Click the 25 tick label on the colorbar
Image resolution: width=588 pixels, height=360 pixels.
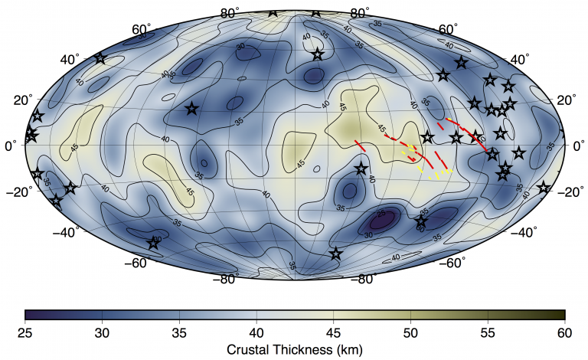(x=25, y=331)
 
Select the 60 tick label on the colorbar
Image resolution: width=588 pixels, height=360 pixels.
(x=564, y=331)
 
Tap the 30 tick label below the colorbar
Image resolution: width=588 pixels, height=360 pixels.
(x=102, y=331)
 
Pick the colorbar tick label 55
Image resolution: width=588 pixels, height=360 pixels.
(x=488, y=331)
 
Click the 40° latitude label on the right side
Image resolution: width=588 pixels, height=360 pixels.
(x=521, y=60)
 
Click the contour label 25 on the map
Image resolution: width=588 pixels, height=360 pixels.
(x=381, y=215)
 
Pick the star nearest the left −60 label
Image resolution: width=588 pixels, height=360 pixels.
(x=154, y=244)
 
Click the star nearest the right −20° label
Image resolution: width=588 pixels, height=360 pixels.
(x=544, y=188)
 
